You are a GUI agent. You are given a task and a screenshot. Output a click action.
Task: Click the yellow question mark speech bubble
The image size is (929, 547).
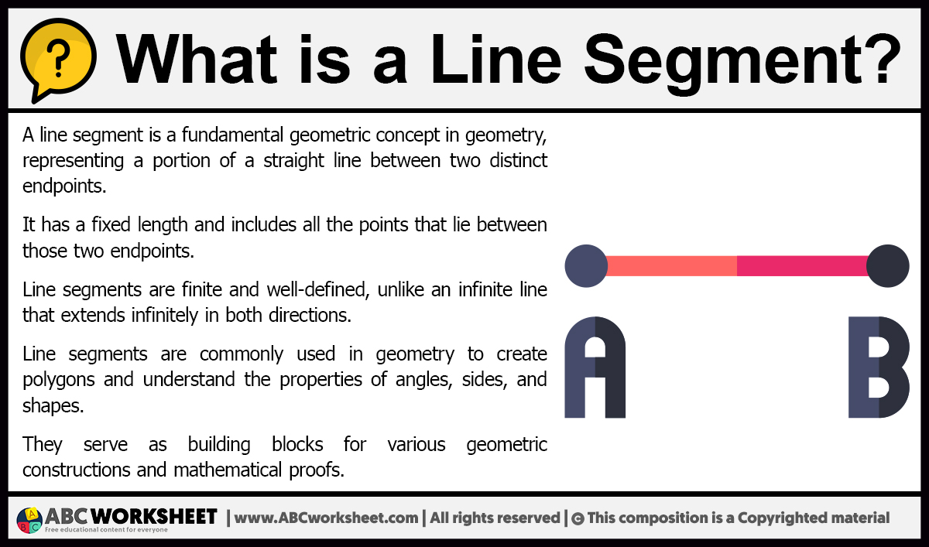coord(58,58)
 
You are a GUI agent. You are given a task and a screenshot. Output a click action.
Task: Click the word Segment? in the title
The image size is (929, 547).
coord(742,61)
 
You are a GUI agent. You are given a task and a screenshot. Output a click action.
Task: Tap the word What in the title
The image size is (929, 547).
coord(196,58)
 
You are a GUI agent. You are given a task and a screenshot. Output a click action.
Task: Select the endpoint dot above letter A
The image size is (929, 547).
coord(587,265)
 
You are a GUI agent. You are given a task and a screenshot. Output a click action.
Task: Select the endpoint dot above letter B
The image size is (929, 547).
coord(887,265)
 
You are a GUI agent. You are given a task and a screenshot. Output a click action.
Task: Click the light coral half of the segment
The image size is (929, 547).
coord(672,265)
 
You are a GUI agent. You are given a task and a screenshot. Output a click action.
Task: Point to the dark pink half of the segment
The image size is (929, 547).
coord(802,265)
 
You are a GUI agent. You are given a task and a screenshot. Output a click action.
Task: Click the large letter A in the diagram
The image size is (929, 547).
coord(595,368)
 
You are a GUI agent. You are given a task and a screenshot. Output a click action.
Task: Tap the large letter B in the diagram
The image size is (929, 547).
coord(879,368)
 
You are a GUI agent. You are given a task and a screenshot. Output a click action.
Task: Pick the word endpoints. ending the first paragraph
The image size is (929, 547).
coord(64,186)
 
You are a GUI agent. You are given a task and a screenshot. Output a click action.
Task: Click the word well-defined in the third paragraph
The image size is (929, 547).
coord(317,289)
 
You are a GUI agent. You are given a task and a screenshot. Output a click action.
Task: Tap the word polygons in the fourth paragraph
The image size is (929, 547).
coord(59,380)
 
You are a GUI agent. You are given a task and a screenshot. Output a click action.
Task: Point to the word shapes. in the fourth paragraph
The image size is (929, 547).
coord(53,405)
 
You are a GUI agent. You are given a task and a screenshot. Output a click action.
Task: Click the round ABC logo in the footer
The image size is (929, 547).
coord(29,520)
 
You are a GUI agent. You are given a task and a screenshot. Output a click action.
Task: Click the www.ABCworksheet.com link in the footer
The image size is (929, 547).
coord(326,518)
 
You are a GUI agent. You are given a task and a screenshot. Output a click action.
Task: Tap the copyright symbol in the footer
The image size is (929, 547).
coord(578,519)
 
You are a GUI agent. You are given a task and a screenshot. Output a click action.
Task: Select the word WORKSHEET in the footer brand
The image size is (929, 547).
coord(154,516)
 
